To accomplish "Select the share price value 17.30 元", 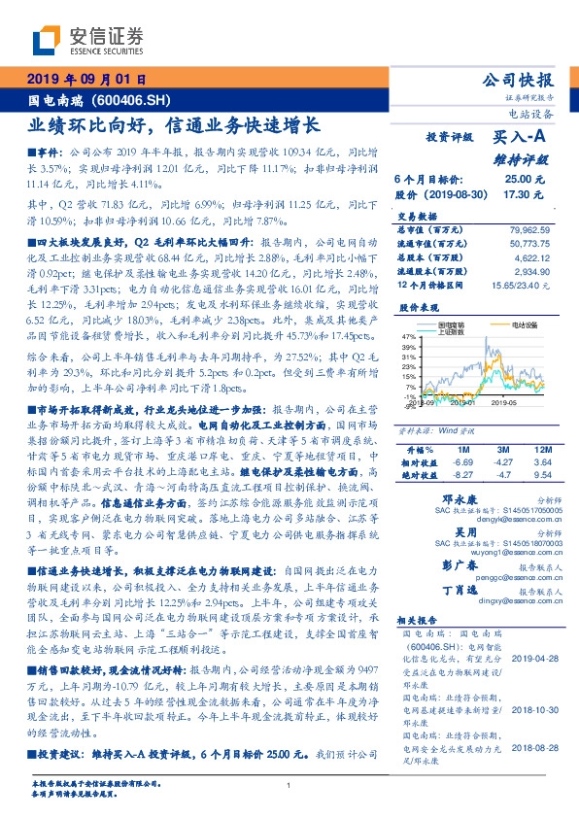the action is pos(523,194).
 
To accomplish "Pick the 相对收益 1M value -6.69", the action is pos(460,462).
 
